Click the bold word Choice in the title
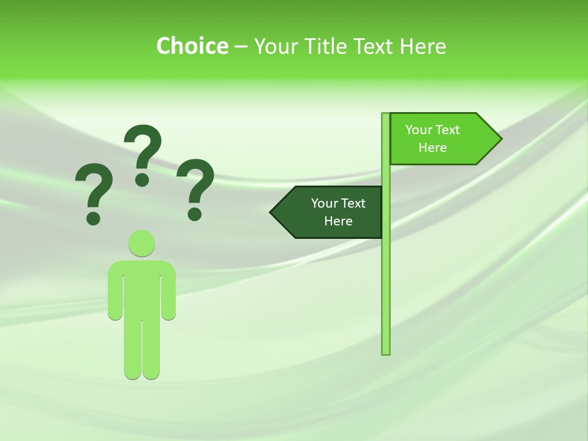tap(192, 46)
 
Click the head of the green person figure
tap(141, 243)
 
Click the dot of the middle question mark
tap(142, 179)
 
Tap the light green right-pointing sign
tap(441, 139)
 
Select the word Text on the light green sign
tap(447, 130)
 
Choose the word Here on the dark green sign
tap(338, 221)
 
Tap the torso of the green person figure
tap(141, 288)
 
